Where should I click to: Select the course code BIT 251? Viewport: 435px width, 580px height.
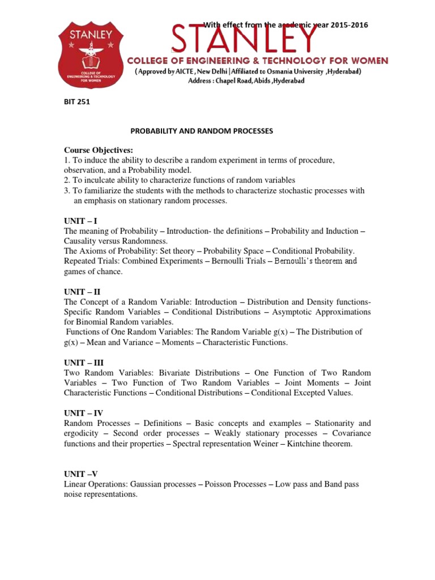pos(76,103)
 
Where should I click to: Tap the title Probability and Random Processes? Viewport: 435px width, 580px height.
pos(202,131)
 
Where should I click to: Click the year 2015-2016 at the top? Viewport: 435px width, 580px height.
pos(336,25)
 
